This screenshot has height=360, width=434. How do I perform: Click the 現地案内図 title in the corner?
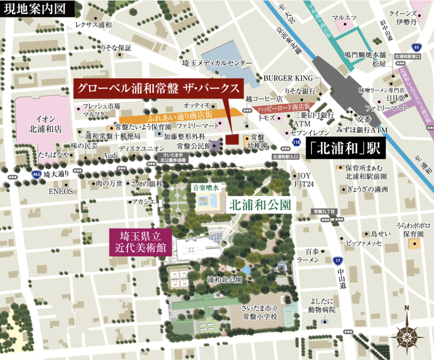[x=34, y=9]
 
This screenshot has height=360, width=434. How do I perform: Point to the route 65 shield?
[x=417, y=47]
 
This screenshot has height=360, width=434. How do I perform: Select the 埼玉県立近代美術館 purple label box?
[x=141, y=242]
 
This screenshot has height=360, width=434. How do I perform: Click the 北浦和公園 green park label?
[x=260, y=205]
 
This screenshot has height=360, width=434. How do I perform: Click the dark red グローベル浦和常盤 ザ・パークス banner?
[x=158, y=89]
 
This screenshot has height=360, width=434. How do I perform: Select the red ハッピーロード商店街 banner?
[x=283, y=107]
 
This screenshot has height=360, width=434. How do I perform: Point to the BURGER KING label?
[x=288, y=78]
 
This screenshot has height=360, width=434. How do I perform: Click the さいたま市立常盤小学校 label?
[x=260, y=312]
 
